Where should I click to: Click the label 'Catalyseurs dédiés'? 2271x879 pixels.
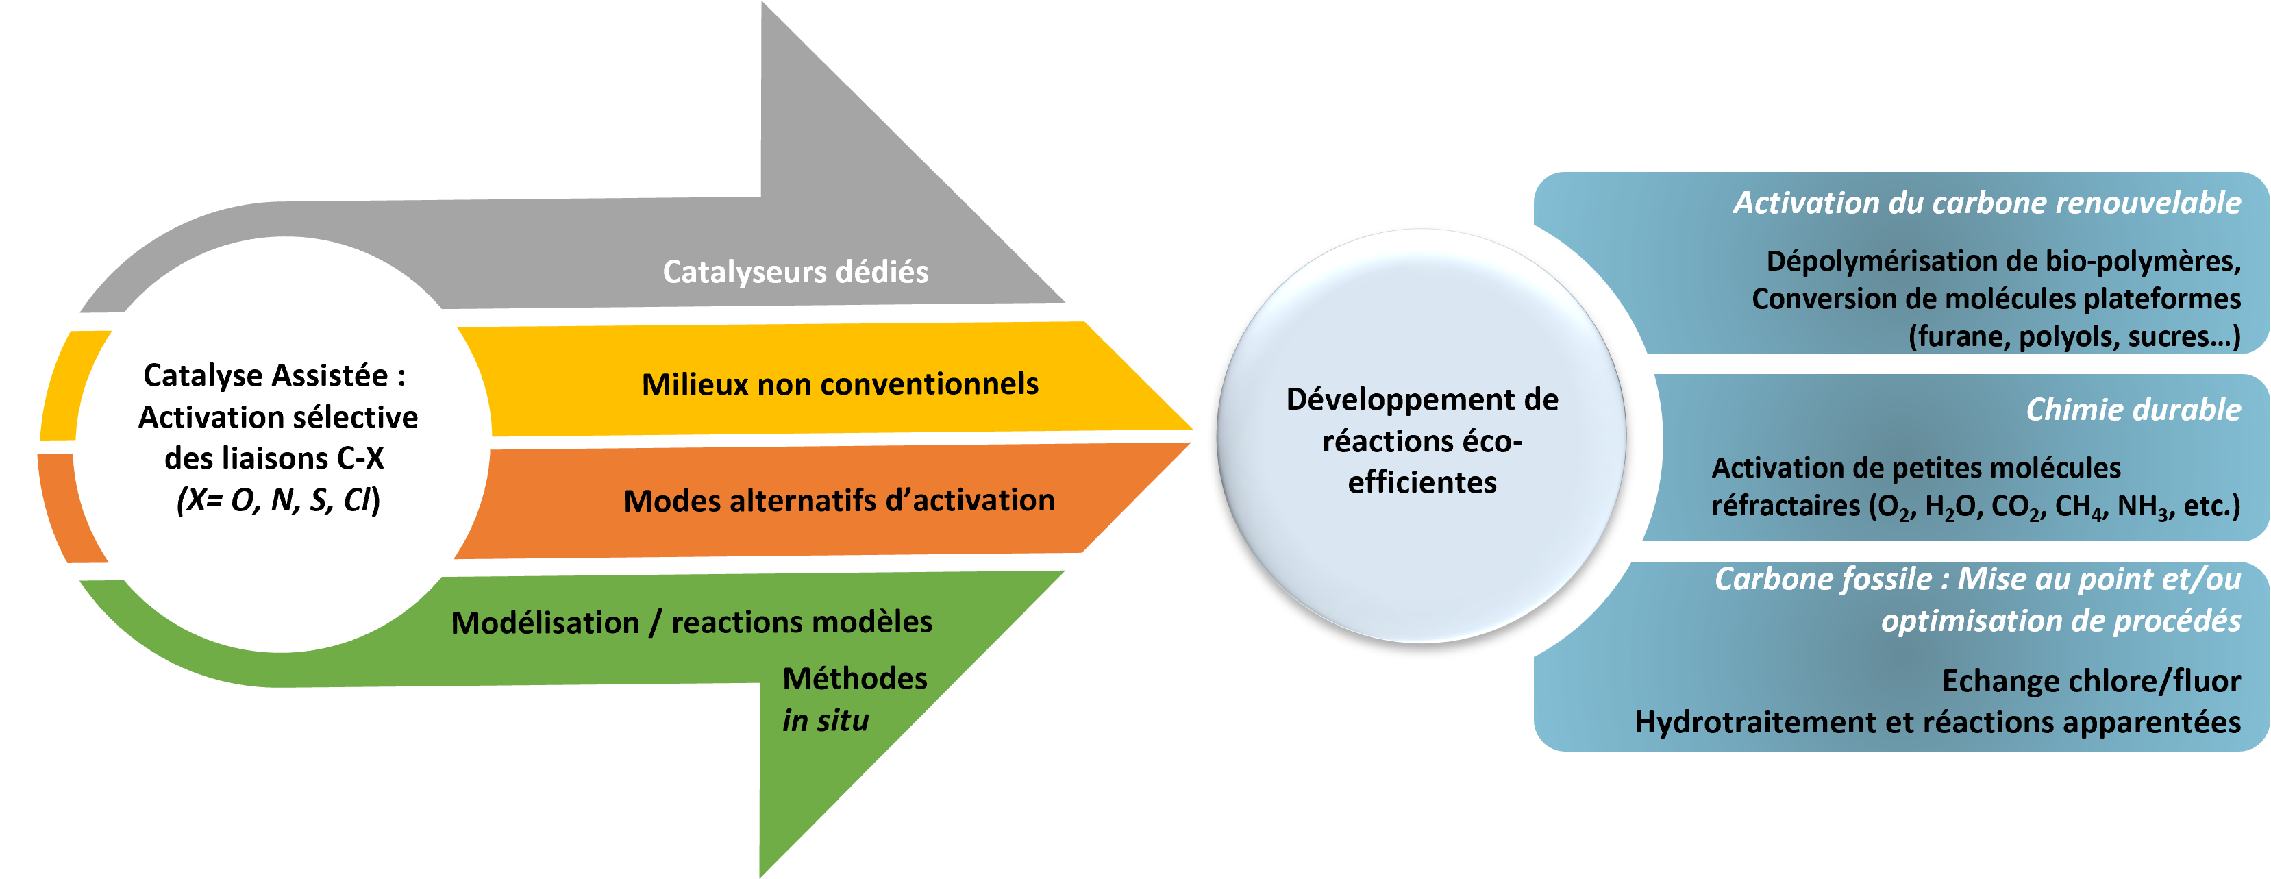pos(795,271)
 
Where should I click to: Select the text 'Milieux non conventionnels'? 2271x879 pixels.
pos(839,384)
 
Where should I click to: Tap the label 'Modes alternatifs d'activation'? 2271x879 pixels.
pos(839,501)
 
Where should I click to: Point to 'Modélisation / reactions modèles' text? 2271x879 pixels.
pos(691,623)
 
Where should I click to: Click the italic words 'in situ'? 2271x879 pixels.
pos(826,720)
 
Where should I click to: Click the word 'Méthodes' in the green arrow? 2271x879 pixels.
pos(854,678)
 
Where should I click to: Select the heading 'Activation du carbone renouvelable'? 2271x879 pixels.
pos(1986,203)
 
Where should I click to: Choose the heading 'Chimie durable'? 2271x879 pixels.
pos(2133,409)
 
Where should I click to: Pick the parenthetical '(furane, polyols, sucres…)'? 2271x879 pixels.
pos(2074,337)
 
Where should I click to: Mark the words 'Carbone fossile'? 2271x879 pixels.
pos(1823,579)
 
